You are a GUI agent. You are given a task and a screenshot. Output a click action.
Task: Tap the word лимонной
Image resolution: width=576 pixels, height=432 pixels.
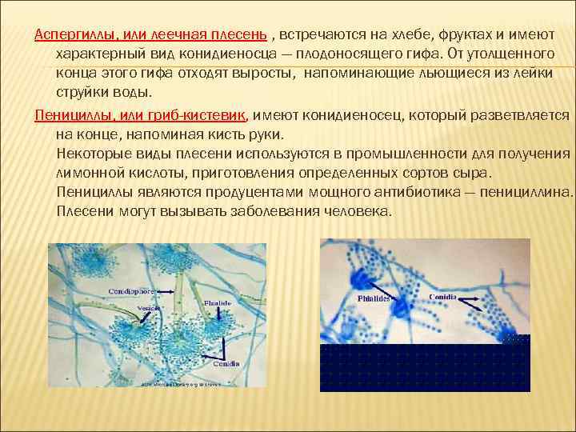pyautogui.click(x=90, y=173)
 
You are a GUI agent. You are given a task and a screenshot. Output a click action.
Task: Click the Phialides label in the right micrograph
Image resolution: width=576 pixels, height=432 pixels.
pyautogui.click(x=374, y=298)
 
